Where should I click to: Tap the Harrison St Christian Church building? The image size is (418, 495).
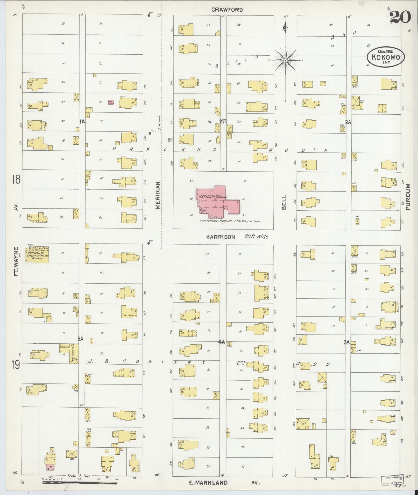click(x=37, y=255)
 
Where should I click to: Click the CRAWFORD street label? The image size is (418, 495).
click(x=227, y=10)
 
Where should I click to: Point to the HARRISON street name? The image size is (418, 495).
click(x=221, y=237)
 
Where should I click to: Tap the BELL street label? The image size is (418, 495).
click(x=284, y=202)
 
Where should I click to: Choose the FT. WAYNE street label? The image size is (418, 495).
click(x=17, y=261)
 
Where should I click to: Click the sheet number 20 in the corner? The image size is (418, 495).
click(x=400, y=17)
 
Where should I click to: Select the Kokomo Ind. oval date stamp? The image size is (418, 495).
click(x=385, y=57)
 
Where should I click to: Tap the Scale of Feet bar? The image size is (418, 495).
click(x=80, y=483)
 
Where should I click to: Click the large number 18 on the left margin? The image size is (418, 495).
click(x=16, y=179)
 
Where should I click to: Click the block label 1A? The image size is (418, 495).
click(x=82, y=122)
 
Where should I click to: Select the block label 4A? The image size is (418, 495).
click(x=221, y=342)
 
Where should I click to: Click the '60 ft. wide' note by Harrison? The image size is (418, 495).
click(x=256, y=237)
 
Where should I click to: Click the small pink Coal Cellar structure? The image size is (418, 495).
click(x=111, y=102)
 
